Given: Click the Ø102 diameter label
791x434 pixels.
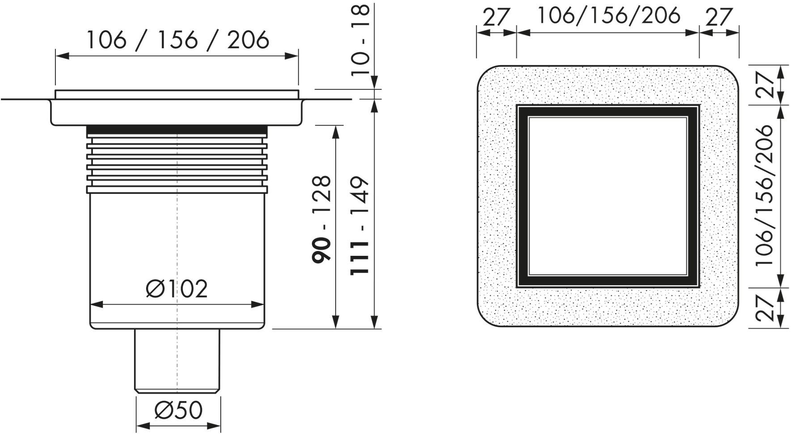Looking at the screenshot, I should point(177,289).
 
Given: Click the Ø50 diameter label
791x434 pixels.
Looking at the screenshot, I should point(178,410).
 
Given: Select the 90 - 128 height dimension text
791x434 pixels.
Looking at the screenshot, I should point(322,219).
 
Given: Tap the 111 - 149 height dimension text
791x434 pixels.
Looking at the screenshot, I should point(360,225).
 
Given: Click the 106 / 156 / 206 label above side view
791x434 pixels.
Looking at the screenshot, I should point(177,40).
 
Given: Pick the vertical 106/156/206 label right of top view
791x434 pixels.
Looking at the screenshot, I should point(764,196).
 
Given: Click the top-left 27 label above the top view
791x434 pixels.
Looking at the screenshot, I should point(496,17).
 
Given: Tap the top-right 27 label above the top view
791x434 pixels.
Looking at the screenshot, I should point(719,17).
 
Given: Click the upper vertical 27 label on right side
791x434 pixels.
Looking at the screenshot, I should point(765,85).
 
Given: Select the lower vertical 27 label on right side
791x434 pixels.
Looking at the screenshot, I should point(765,308).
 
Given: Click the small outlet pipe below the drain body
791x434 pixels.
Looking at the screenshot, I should point(177,359).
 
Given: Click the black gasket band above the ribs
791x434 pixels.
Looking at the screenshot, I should point(177,130).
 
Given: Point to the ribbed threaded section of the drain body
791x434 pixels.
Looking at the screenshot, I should point(177,165).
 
